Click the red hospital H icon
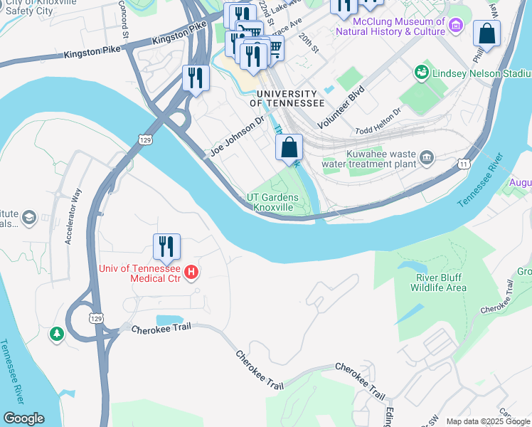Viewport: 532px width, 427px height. coord(191,272)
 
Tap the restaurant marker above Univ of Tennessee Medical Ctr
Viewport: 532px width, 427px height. coord(166,247)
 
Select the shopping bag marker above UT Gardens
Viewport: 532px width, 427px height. coord(289,148)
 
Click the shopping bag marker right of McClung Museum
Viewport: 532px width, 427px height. coord(486,33)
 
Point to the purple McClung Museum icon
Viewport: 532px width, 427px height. coord(457,26)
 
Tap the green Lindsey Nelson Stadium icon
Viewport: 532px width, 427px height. coord(422,73)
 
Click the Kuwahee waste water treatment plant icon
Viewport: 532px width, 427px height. coord(427,157)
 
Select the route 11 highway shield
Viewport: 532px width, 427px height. coord(464,164)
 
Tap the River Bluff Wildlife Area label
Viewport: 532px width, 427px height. coord(439,283)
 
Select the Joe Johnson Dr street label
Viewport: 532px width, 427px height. coord(238,137)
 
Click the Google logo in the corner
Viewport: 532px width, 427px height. coord(23,418)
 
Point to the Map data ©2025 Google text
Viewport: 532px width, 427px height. coord(489,421)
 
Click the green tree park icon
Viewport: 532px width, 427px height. coord(56,333)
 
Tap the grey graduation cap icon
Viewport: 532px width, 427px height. coord(29,216)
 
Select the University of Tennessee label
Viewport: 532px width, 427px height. coord(286,98)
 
